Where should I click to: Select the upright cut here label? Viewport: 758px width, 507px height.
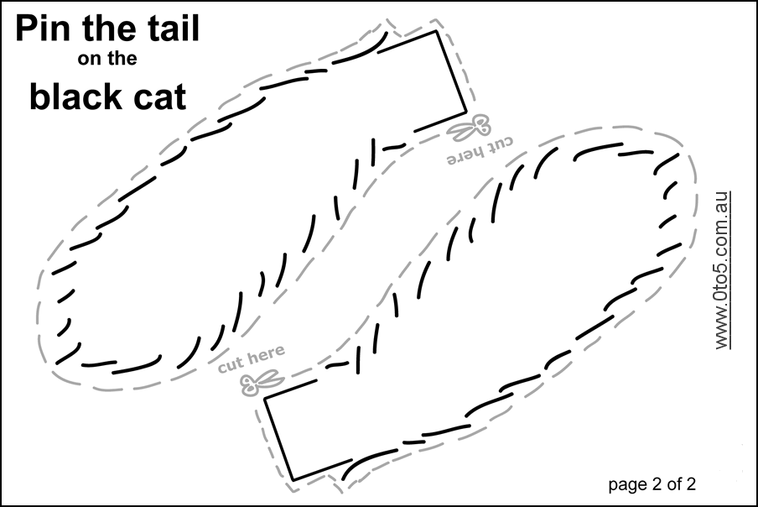click(252, 361)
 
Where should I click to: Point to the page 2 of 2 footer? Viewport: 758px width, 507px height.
click(652, 483)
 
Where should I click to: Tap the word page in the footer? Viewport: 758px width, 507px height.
click(623, 485)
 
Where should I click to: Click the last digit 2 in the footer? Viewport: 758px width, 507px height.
click(691, 483)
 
